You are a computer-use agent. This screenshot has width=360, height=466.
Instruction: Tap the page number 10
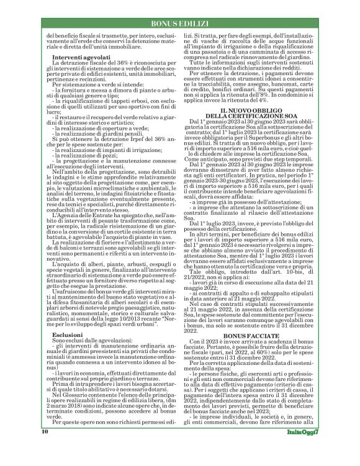(x=45, y=448)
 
